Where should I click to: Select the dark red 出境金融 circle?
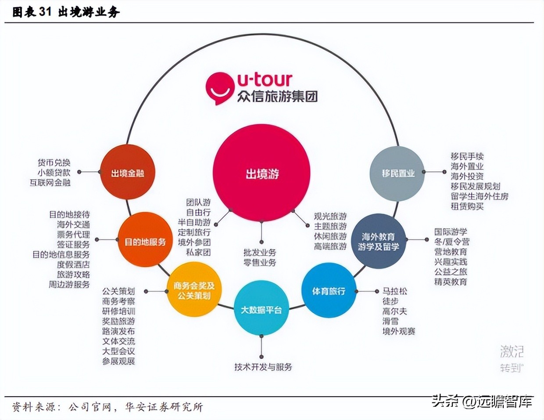127,173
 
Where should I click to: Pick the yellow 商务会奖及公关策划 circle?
193,290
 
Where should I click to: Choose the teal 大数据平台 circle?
261,309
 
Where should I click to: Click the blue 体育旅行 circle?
329,291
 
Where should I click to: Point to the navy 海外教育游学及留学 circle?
378,241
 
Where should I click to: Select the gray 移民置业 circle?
397,173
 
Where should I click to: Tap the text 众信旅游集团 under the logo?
277,96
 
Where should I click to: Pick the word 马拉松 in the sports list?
394,291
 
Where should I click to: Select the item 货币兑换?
54,163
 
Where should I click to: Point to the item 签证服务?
73,244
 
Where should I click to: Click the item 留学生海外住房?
480,196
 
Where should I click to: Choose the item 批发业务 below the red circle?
260,253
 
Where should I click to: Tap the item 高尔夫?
394,311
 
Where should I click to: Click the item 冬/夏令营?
451,242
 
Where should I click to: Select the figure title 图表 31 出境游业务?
66,12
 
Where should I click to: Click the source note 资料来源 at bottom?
107,407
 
